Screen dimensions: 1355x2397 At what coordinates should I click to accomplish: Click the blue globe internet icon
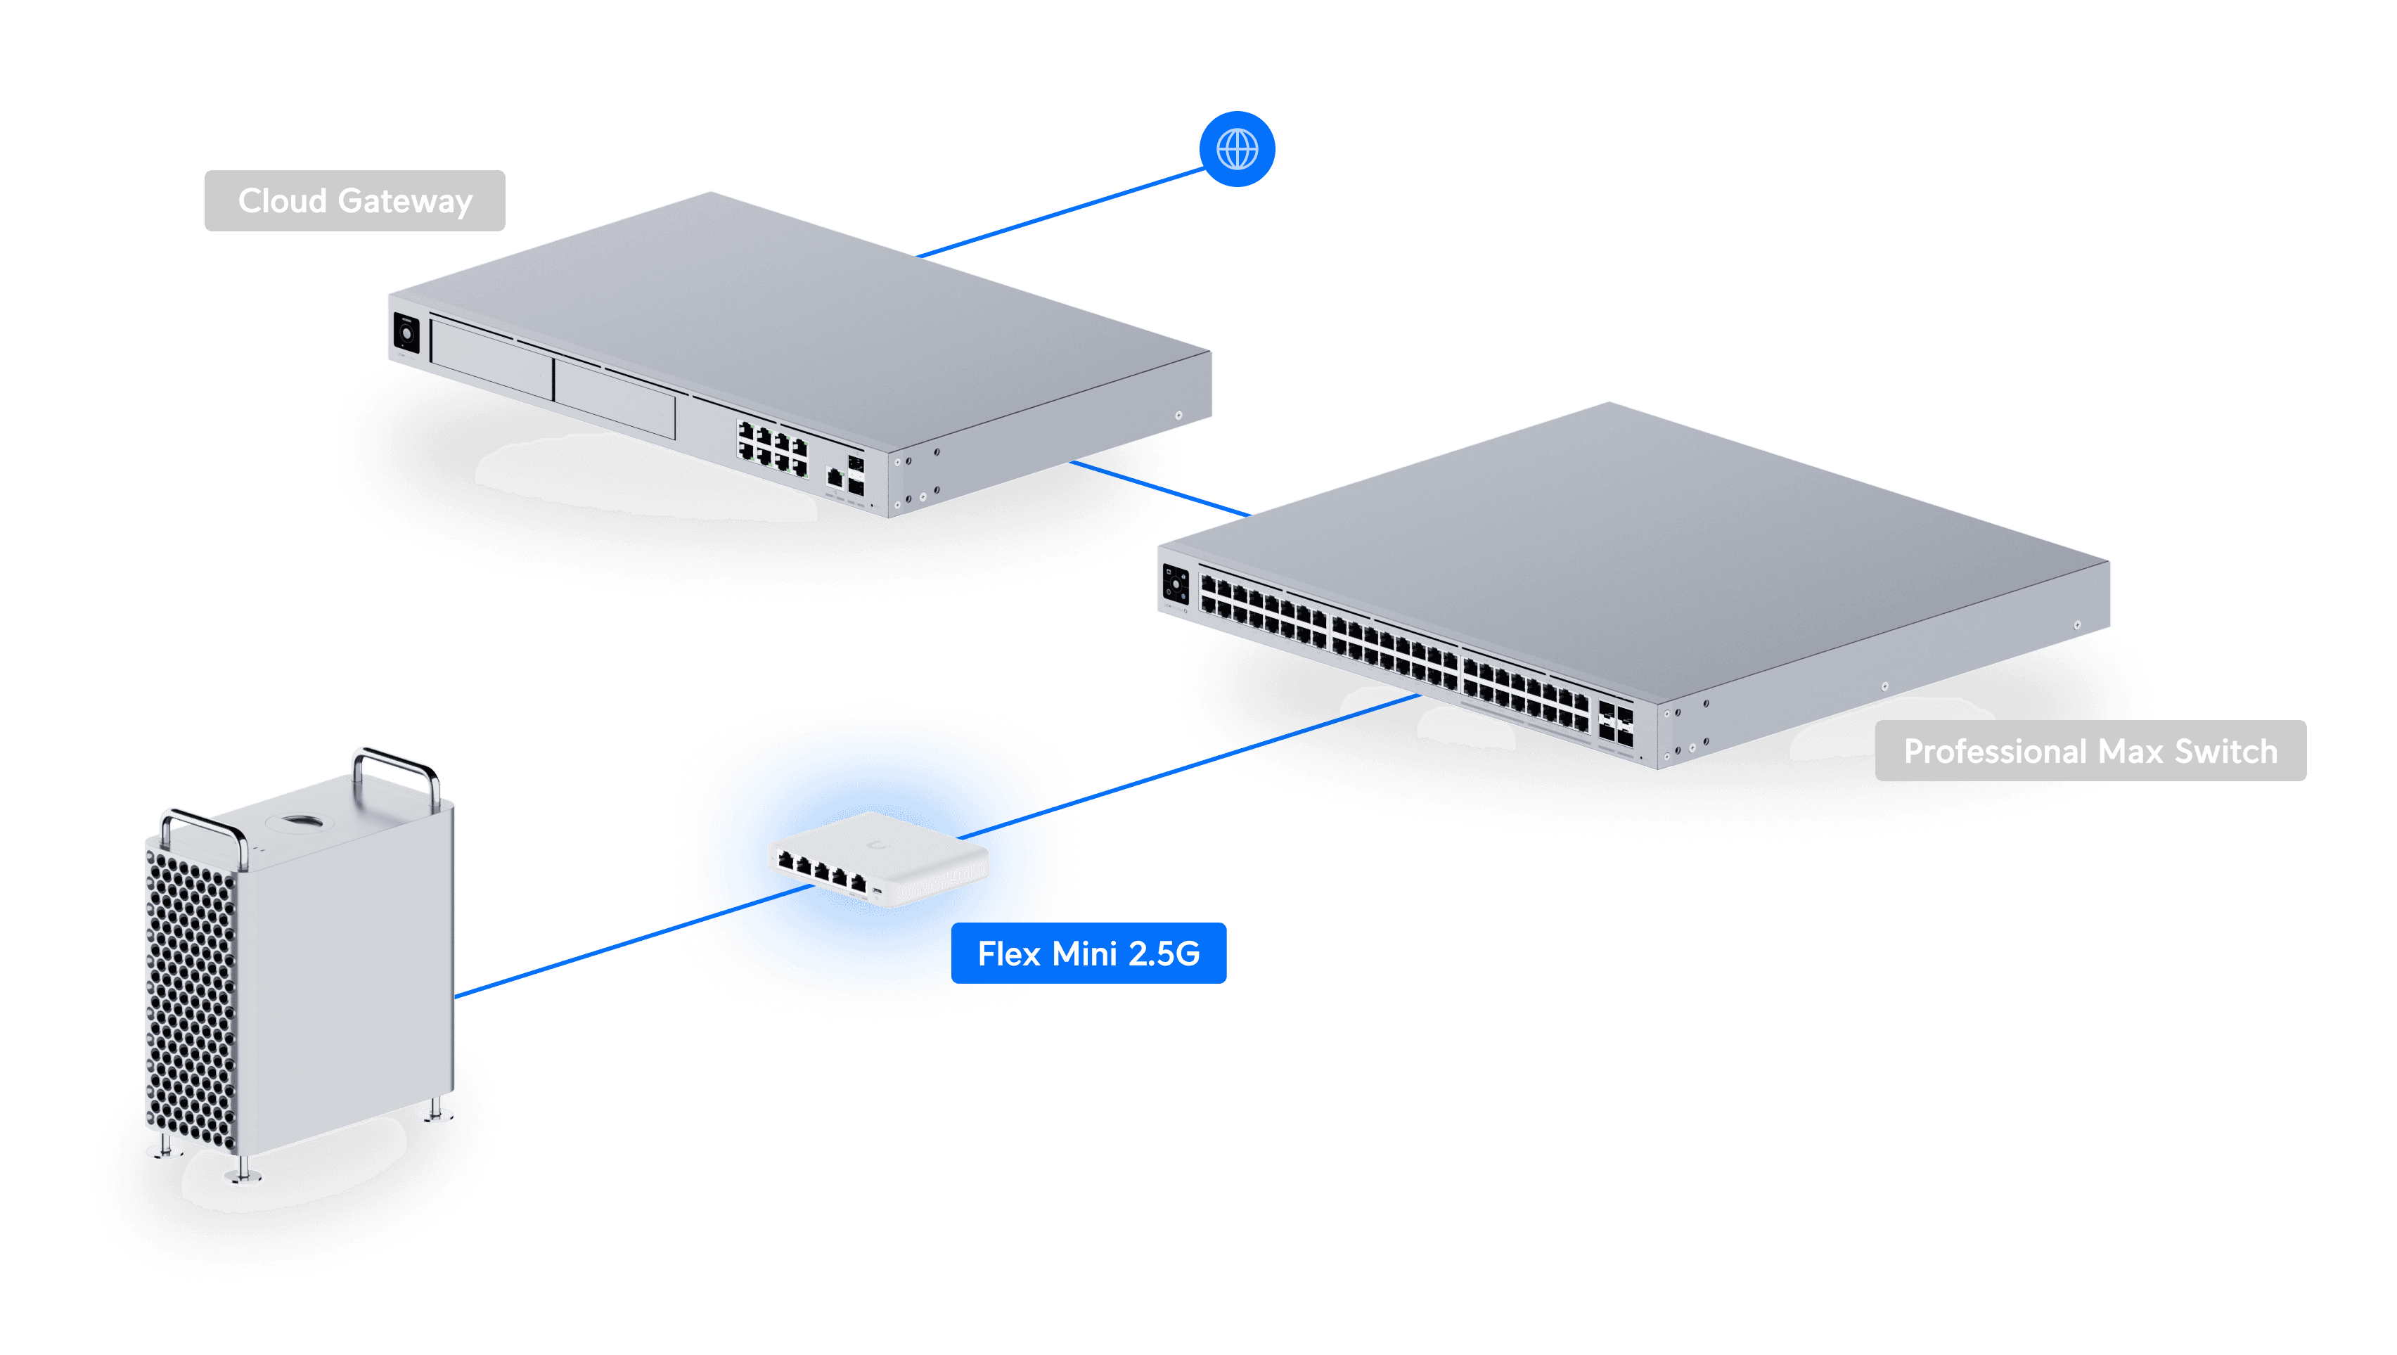coord(1237,149)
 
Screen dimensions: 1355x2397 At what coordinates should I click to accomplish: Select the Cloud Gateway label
coord(354,200)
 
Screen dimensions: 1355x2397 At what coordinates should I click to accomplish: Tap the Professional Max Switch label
coord(2090,750)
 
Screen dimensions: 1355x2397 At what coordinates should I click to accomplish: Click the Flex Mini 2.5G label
coord(1088,953)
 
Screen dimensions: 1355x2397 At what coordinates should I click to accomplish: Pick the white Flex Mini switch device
coord(878,858)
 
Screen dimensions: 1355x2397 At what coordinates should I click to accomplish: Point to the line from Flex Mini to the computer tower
coord(605,949)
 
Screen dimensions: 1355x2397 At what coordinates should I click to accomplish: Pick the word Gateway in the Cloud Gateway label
coord(405,201)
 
